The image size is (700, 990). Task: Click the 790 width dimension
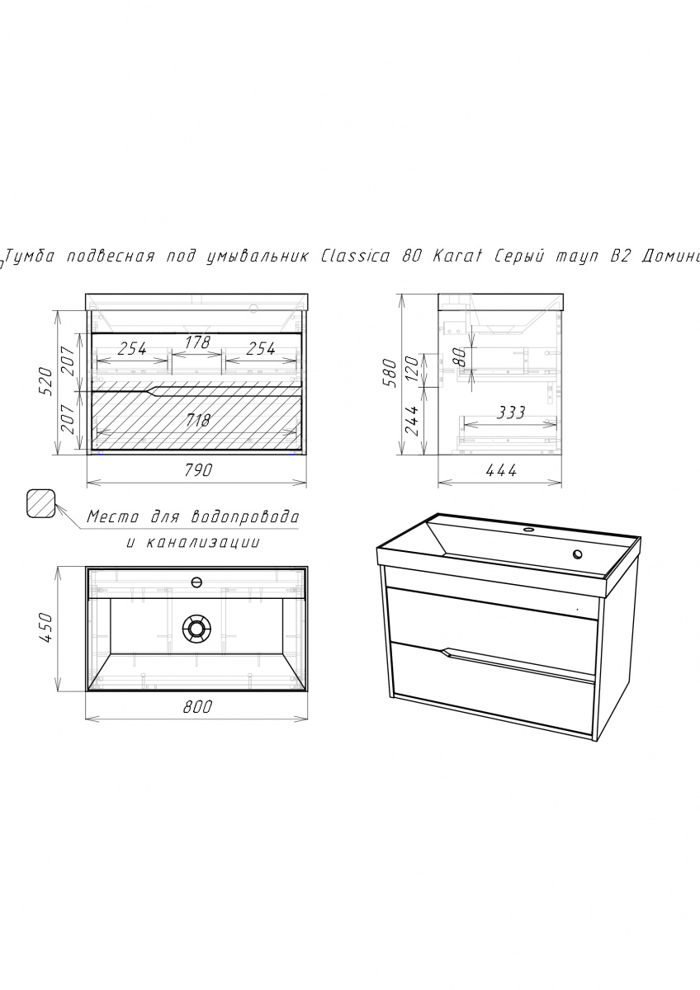point(197,469)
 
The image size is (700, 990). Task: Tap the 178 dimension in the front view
point(197,342)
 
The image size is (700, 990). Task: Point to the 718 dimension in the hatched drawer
point(197,420)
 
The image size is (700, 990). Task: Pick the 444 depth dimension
point(501,470)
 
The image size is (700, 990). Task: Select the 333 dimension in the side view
point(510,412)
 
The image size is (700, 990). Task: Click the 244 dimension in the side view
point(412,420)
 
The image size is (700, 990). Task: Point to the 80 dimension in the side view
point(459,357)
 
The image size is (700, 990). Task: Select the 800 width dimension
point(197,707)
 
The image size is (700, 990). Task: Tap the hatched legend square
point(41,503)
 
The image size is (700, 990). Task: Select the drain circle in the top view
point(196,628)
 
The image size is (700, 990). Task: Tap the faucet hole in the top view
point(196,582)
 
